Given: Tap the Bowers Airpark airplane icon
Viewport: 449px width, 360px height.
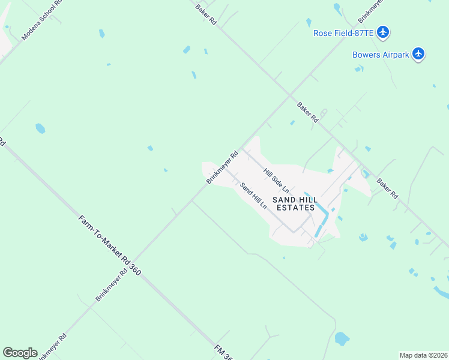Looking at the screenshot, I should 419,54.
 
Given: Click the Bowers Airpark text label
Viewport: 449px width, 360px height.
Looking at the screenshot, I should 381,55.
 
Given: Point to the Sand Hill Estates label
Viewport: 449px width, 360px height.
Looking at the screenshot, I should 295,203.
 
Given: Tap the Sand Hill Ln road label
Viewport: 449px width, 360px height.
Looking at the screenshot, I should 253,195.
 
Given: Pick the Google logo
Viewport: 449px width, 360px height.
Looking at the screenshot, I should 20,353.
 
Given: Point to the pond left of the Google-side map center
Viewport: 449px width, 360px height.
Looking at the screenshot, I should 40,128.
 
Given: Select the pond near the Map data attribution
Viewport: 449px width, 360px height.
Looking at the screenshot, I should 342,338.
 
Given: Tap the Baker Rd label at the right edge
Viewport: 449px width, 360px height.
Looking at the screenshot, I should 387,188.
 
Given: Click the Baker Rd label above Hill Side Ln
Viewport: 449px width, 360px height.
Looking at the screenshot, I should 307,112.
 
